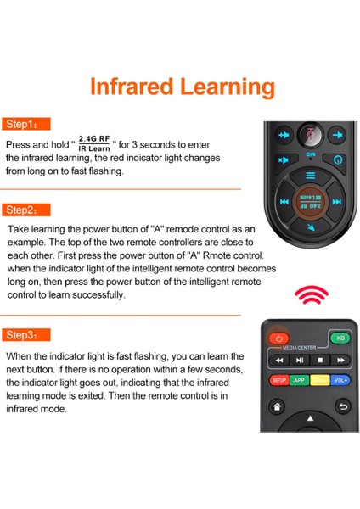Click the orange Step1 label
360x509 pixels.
coord(26,124)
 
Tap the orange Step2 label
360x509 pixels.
coord(26,210)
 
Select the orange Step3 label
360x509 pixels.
coord(26,335)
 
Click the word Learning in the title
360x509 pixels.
coord(227,87)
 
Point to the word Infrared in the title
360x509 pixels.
coord(132,87)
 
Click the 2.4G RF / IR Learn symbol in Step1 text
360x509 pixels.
coord(94,143)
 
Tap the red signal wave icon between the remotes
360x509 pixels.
coord(312,294)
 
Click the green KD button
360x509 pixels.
coord(340,338)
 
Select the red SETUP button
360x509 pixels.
coord(278,380)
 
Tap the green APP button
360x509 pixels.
coord(299,380)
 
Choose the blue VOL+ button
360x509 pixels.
coord(340,380)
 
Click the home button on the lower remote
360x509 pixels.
coord(277,406)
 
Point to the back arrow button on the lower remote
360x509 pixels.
coord(343,406)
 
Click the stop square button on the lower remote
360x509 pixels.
coord(320,360)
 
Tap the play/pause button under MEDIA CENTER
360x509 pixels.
coord(300,360)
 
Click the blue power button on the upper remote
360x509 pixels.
coord(338,160)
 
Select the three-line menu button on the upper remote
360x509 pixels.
coord(311,176)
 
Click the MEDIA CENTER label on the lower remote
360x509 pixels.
coord(299,348)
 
